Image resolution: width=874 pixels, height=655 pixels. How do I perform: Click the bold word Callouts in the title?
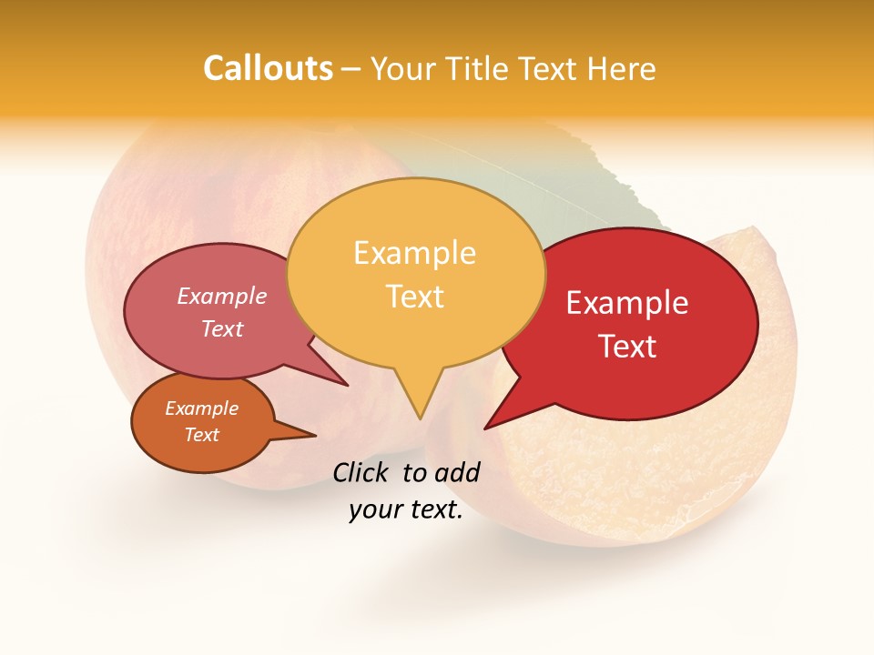[x=268, y=69]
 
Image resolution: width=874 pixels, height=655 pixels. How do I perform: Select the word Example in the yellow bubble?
[x=414, y=253]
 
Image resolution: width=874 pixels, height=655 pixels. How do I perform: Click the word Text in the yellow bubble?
[x=415, y=297]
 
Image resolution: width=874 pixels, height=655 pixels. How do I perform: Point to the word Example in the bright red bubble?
[x=627, y=303]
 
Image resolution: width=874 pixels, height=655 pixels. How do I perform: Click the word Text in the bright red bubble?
[x=628, y=347]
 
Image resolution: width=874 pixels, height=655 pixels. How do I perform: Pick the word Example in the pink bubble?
[x=222, y=296]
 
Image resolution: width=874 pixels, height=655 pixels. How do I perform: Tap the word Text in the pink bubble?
[x=222, y=328]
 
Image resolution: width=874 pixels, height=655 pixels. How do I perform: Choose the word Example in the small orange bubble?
[x=201, y=408]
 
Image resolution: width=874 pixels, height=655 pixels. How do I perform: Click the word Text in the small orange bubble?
[x=202, y=435]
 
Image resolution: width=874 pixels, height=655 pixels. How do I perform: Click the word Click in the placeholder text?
[x=362, y=472]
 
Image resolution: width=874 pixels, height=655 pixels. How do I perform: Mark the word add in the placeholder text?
[x=457, y=472]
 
